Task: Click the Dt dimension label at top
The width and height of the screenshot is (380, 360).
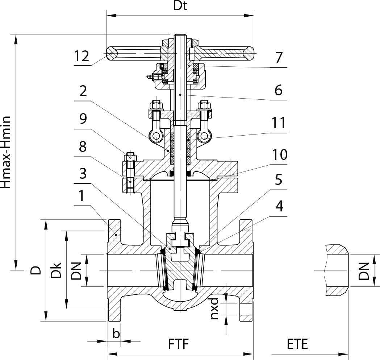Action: coord(180,6)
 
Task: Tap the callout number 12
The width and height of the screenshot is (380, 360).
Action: coord(82,56)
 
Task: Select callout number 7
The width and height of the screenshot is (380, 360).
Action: coord(279,58)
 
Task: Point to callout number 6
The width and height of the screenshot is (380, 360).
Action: coord(279,90)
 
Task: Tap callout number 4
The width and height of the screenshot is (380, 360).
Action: coord(279,206)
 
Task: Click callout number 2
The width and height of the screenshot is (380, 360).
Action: coord(83,91)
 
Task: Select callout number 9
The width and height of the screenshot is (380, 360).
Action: coord(83,119)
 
